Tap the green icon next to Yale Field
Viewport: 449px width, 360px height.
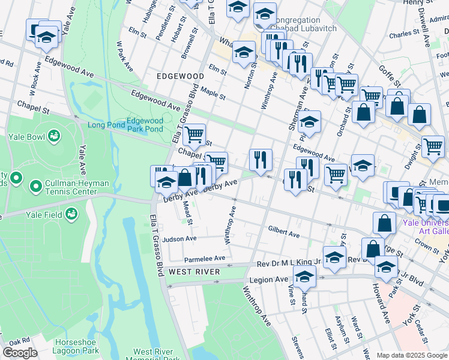[71, 212]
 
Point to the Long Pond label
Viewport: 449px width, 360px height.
[106, 125]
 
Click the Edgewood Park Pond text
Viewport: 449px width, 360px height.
[145, 125]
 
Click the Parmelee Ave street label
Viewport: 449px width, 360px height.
[204, 259]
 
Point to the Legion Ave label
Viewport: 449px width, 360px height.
[273, 280]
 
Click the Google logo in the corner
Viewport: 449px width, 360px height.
[19, 353]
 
